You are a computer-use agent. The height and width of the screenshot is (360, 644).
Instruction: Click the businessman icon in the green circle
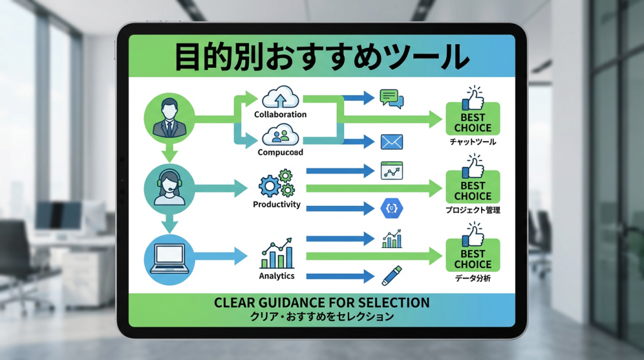tap(168, 120)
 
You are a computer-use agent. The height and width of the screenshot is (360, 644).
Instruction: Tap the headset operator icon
tap(168, 187)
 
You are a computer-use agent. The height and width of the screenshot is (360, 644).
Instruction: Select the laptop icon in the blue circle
tap(168, 257)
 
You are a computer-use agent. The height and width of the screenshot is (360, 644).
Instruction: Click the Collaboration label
tap(280, 115)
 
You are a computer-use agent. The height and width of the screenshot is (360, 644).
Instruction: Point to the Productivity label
tap(277, 205)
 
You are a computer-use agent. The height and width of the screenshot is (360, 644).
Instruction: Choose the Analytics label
tap(277, 276)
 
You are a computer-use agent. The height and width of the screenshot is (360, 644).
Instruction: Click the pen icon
tap(390, 274)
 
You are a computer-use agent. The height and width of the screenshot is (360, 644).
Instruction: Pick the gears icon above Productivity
tap(277, 183)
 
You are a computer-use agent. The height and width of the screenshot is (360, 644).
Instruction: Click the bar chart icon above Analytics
tap(277, 254)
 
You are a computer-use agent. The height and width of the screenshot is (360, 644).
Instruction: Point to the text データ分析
tap(472, 278)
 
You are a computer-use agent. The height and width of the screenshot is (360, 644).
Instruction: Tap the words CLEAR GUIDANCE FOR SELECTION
tap(321, 303)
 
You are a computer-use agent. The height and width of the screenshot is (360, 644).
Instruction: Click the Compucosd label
tap(280, 152)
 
